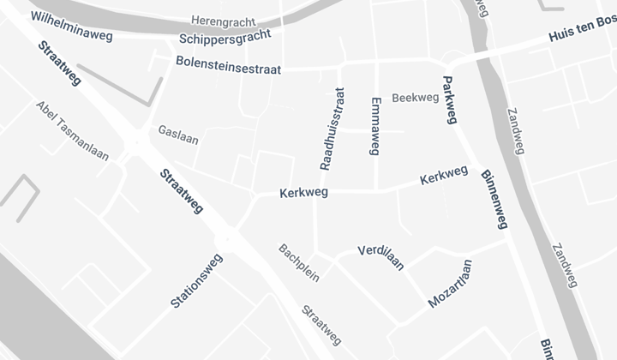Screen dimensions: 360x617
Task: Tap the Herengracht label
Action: coord(224,19)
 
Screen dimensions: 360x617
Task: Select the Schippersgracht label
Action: coord(225,37)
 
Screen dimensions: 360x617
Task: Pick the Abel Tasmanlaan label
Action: coord(73,130)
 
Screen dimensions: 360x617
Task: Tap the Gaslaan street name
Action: coord(178,135)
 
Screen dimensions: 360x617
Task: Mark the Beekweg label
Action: coord(415,98)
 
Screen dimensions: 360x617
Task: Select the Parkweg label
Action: coord(448,99)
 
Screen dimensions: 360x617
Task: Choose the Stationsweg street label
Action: coord(197,280)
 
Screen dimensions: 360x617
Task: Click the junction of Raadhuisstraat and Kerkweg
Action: coord(316,191)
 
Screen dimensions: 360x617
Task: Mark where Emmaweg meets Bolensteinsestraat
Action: coord(376,62)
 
